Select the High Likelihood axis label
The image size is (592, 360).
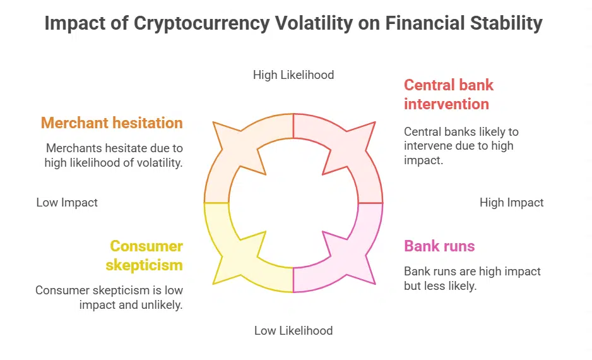click(293, 75)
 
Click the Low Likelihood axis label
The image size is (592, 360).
click(293, 330)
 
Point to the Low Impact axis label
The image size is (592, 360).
click(67, 203)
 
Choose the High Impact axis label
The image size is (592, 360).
click(511, 203)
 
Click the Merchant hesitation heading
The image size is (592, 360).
click(112, 123)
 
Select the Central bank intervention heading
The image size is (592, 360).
click(448, 94)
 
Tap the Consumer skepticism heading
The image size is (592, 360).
click(145, 255)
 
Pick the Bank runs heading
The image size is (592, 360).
click(439, 246)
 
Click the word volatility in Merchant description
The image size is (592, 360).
click(160, 162)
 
